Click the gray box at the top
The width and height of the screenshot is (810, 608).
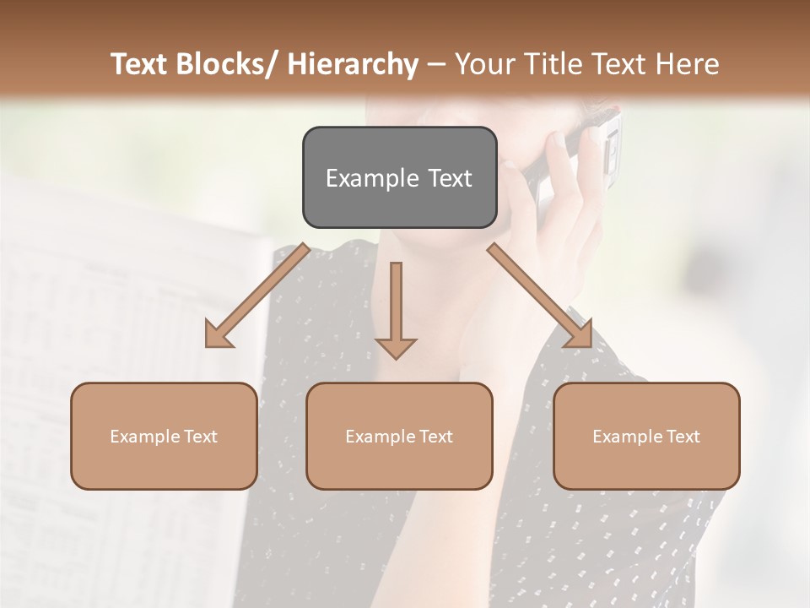coord(399,177)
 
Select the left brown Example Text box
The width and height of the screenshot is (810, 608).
coord(164,436)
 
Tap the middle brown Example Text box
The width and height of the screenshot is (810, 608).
coord(399,436)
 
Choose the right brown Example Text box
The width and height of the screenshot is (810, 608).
coord(646,436)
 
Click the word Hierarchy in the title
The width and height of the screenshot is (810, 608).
coord(353,64)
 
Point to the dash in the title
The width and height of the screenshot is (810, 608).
coord(437,64)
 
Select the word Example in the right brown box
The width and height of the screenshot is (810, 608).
coord(625,437)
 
